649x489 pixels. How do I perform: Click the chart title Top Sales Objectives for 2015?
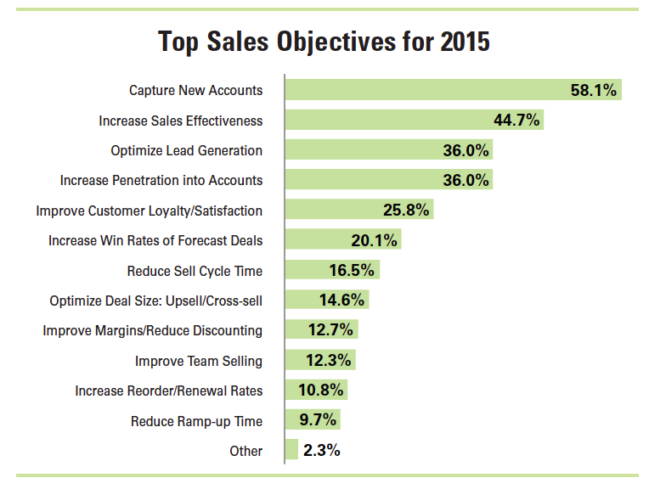(x=324, y=41)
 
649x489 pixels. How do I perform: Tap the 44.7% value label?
(x=516, y=121)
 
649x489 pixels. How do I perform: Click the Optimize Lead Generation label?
(x=186, y=150)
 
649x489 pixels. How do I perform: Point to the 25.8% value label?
(x=407, y=211)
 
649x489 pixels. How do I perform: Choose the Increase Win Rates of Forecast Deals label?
(x=155, y=240)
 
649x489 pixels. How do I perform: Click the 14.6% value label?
(x=341, y=301)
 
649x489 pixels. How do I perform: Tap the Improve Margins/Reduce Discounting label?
(x=153, y=330)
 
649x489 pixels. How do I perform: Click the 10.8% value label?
(x=321, y=391)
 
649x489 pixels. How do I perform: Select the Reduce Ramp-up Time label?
(x=196, y=421)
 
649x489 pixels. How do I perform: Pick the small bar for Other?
(x=291, y=451)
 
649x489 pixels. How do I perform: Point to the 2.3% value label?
(x=322, y=451)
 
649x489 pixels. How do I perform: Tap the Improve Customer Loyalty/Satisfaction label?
(x=149, y=211)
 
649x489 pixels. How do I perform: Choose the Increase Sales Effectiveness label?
(x=180, y=121)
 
